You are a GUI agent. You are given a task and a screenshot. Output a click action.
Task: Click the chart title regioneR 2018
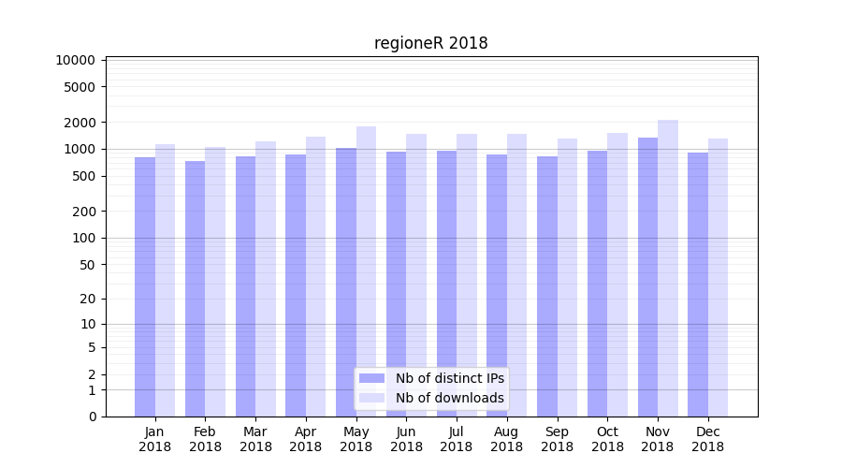(x=430, y=43)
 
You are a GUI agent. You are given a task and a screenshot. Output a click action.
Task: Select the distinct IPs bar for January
(x=145, y=286)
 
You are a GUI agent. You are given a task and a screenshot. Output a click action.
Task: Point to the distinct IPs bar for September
(x=547, y=286)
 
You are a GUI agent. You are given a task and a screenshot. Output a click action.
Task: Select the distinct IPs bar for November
(x=647, y=277)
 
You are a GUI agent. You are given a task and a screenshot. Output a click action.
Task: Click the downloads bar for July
(x=467, y=275)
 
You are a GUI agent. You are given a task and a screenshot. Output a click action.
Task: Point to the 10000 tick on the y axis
(x=75, y=60)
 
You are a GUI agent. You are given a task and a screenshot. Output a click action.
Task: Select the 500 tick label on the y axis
(x=82, y=176)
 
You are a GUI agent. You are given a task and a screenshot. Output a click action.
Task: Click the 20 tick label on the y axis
(x=86, y=299)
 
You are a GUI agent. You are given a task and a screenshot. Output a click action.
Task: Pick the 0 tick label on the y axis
(x=92, y=417)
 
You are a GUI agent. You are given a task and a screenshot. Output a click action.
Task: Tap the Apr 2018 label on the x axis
(x=306, y=439)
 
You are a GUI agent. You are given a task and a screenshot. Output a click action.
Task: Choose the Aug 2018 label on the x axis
(x=507, y=439)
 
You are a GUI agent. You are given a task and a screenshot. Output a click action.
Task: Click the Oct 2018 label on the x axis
(x=607, y=439)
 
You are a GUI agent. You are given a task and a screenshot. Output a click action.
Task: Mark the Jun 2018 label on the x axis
(x=406, y=439)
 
